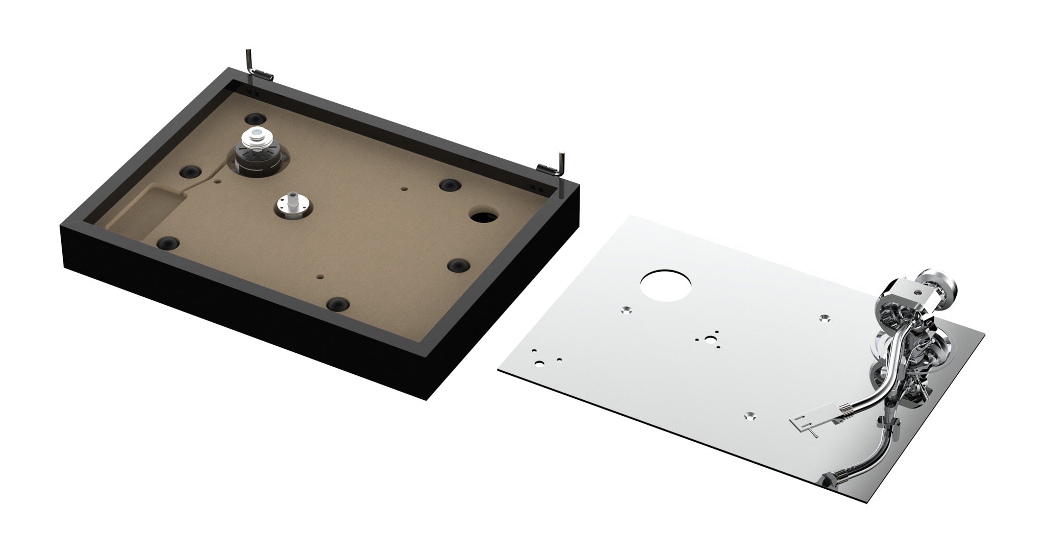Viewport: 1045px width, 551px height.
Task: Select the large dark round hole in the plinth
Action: (484, 216)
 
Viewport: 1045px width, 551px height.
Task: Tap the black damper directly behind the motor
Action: (255, 118)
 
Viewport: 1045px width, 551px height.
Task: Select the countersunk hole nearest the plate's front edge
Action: (750, 416)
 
